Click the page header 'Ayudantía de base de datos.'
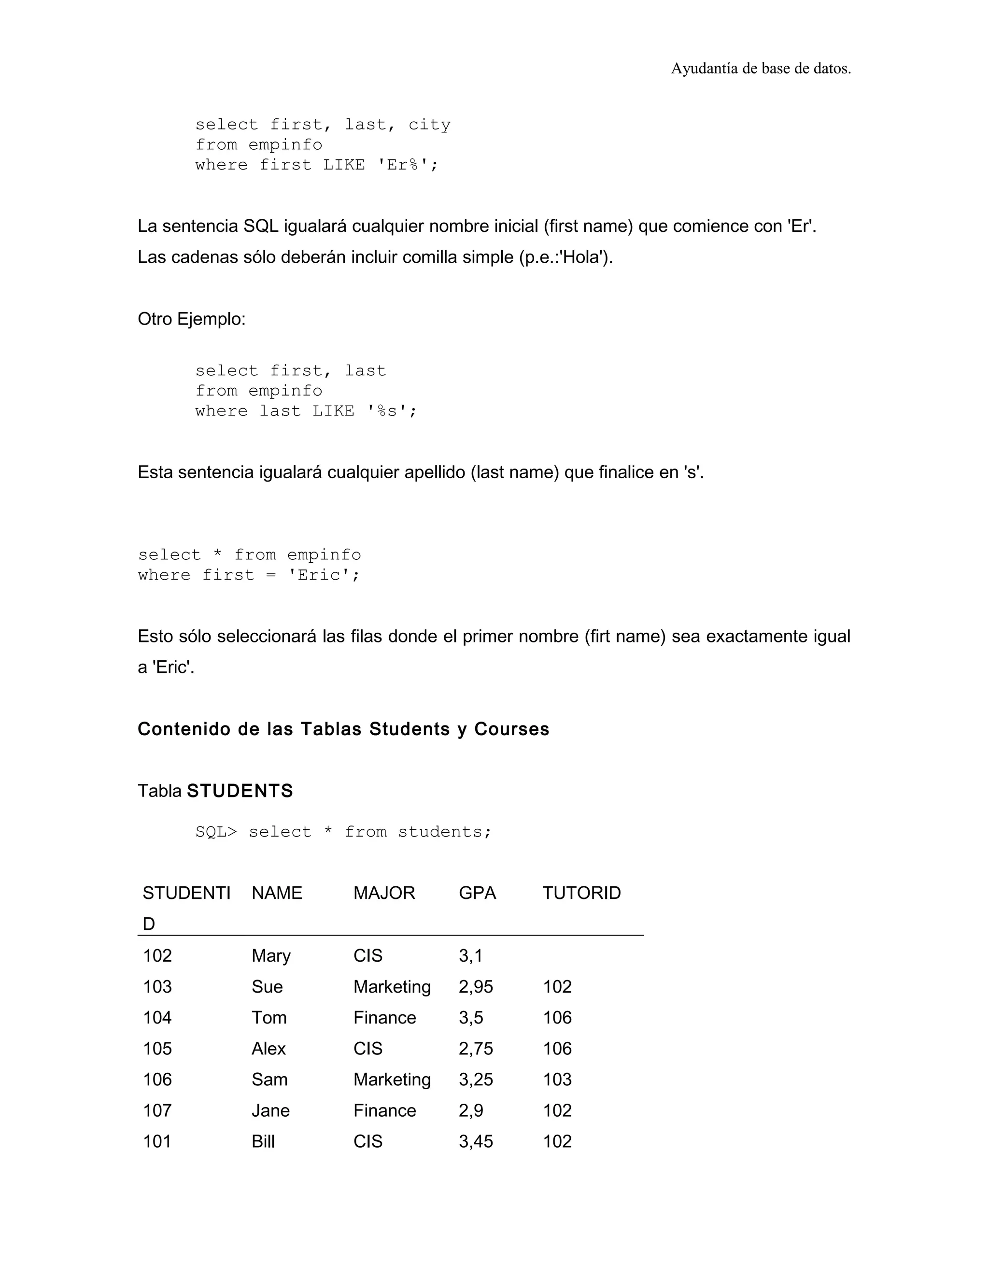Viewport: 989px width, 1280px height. click(x=761, y=69)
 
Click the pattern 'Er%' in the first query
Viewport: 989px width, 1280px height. click(x=403, y=165)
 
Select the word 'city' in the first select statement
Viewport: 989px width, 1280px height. click(x=429, y=125)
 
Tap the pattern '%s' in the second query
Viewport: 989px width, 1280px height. click(x=387, y=412)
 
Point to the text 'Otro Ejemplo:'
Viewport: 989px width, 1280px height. click(x=192, y=319)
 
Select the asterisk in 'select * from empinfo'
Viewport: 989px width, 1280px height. click(x=217, y=555)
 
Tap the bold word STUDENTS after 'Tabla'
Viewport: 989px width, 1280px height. click(x=240, y=791)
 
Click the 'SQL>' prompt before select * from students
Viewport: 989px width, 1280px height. click(x=216, y=832)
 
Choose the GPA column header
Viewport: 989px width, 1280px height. click(x=477, y=893)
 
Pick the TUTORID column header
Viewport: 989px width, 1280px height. click(x=581, y=893)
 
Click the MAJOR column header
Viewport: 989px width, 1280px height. click(x=384, y=893)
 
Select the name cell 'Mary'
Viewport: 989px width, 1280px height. click(x=271, y=956)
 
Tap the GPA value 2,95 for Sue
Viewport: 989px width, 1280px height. click(x=476, y=987)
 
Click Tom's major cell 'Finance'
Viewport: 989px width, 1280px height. click(x=384, y=1018)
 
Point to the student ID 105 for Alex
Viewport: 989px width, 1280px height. click(x=157, y=1049)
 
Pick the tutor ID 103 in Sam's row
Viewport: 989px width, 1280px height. click(x=557, y=1080)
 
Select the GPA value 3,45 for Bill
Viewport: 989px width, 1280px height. click(x=476, y=1142)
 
